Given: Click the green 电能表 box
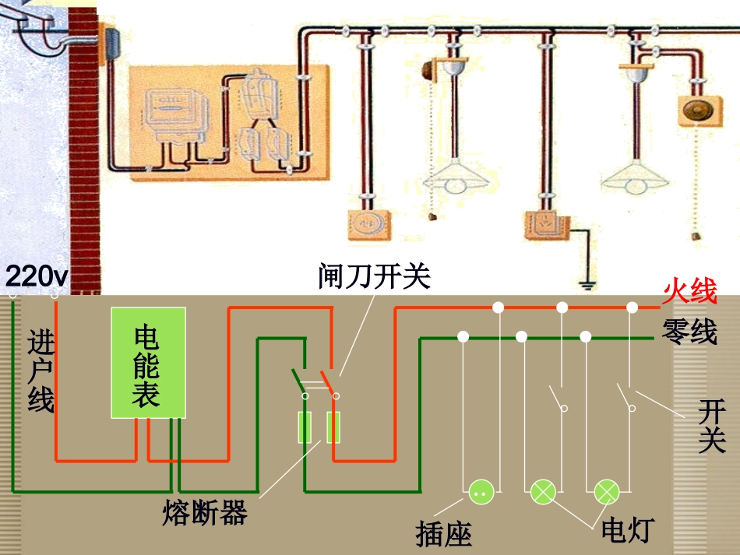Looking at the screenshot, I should coord(148,363).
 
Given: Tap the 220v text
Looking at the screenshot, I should coord(37,276).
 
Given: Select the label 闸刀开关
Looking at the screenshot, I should coord(374,276).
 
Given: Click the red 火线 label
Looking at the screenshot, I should coord(689,293).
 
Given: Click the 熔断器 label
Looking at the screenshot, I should coord(206,513).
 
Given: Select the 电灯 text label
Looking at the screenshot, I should coord(625,530).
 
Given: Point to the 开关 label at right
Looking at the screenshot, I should coord(712,426).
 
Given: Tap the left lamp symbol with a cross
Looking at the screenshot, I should coord(543,492).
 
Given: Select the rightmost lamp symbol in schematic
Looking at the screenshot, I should coord(606,492).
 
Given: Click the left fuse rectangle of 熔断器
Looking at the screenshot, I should coord(305,428).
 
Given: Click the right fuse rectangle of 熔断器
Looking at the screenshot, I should coord(333,428).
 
